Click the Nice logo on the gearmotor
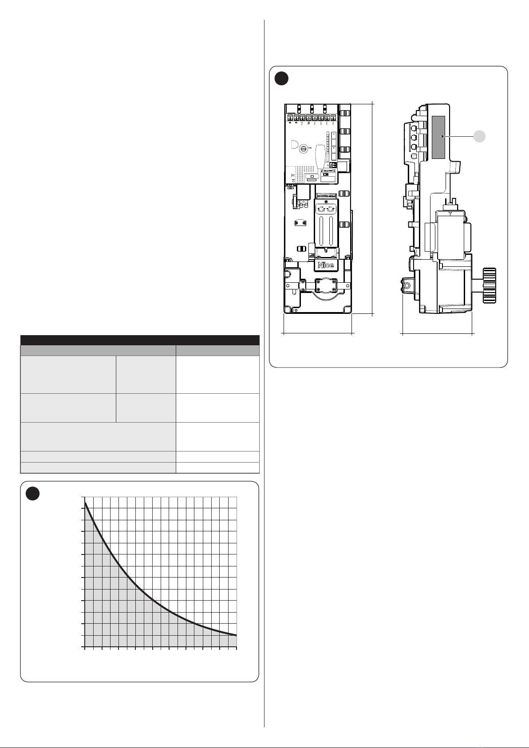pyautogui.click(x=325, y=265)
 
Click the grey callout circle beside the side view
pyautogui.click(x=480, y=136)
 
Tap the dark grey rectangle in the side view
pyautogui.click(x=438, y=137)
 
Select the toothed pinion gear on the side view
pyautogui.click(x=490, y=285)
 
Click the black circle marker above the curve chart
pyautogui.click(x=33, y=494)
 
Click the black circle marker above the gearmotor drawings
pyautogui.click(x=281, y=79)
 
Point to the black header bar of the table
pyautogui.click(x=140, y=340)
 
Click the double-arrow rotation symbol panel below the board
pyautogui.click(x=325, y=210)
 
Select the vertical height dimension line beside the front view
pyautogui.click(x=372, y=207)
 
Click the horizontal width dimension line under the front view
pyautogui.click(x=318, y=333)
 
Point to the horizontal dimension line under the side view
pyautogui.click(x=438, y=333)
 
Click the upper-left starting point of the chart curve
pyautogui.click(x=86, y=503)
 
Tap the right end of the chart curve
pyautogui.click(x=236, y=635)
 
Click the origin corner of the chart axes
pyautogui.click(x=85, y=647)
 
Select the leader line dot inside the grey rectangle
pyautogui.click(x=442, y=136)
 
